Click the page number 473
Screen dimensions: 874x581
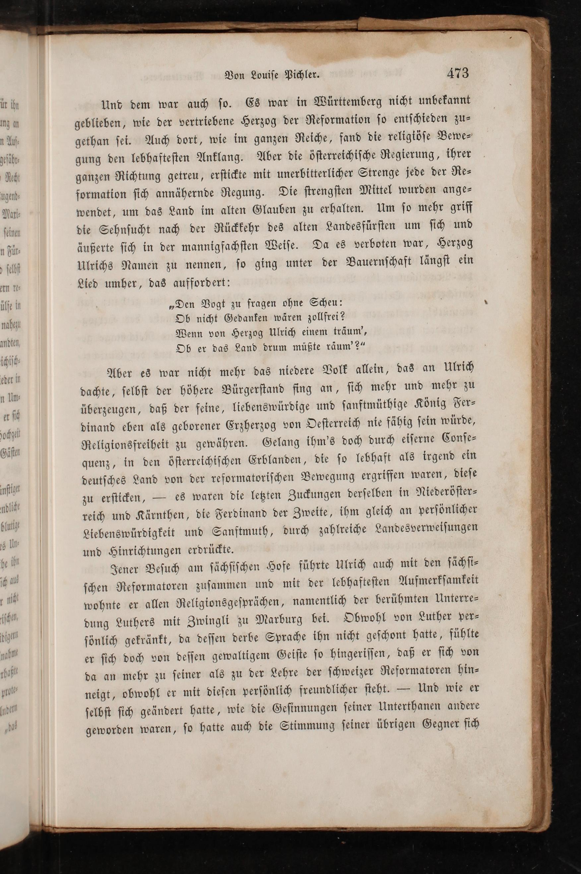pyautogui.click(x=458, y=73)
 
